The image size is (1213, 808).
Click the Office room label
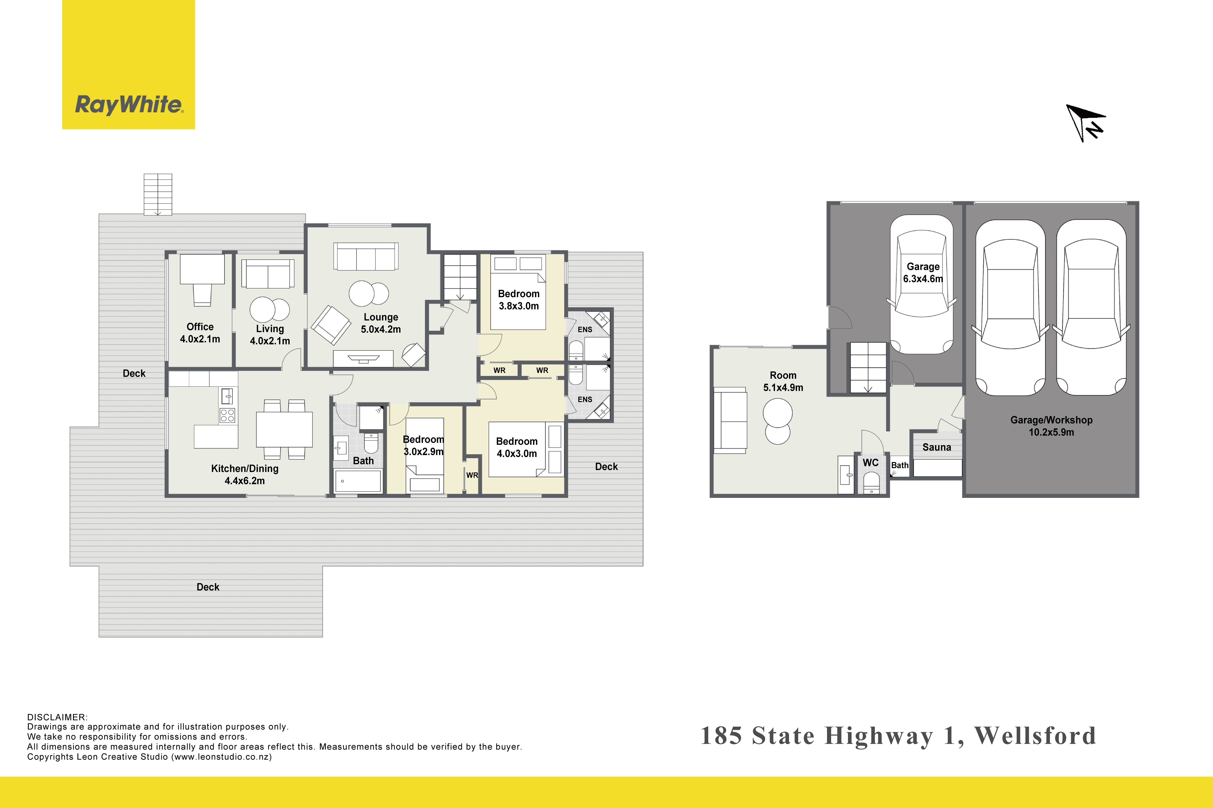pyautogui.click(x=200, y=327)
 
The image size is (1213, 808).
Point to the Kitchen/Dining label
pyautogui.click(x=245, y=468)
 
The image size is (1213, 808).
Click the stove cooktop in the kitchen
pyautogui.click(x=227, y=415)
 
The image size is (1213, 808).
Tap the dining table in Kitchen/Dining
pyautogui.click(x=284, y=429)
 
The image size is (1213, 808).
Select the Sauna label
pyautogui.click(x=937, y=447)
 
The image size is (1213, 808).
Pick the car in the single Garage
pyautogui.click(x=922, y=284)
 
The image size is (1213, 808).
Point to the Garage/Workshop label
pyautogui.click(x=1051, y=420)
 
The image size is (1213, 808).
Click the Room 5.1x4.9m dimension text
pyautogui.click(x=783, y=388)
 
